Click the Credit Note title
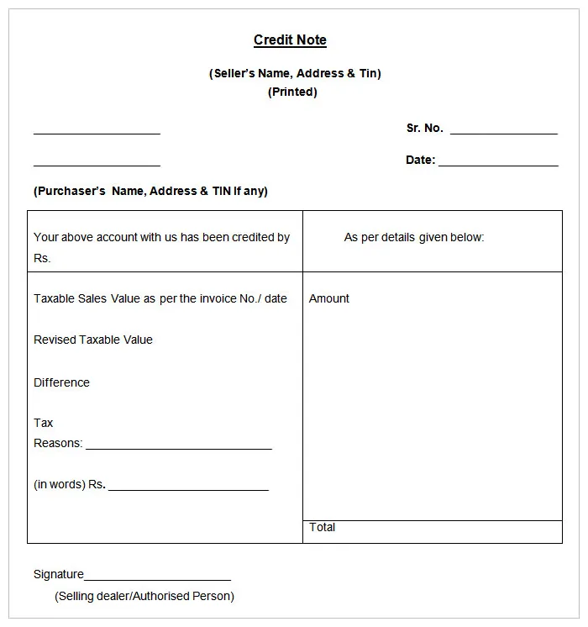tap(290, 40)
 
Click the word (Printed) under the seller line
tap(292, 92)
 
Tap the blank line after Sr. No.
tap(504, 133)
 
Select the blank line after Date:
tap(498, 165)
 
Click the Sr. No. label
tap(424, 129)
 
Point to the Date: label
tap(420, 160)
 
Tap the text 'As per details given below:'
tap(414, 237)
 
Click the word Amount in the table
tap(329, 298)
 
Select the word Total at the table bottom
tap(323, 527)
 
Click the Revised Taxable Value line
tap(93, 340)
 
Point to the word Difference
tap(61, 382)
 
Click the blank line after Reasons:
tap(179, 448)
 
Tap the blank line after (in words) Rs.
tap(188, 488)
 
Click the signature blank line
tap(157, 579)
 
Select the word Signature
tap(59, 574)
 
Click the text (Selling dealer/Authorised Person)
tap(144, 596)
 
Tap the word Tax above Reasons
tap(44, 423)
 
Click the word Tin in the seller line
tap(369, 73)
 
